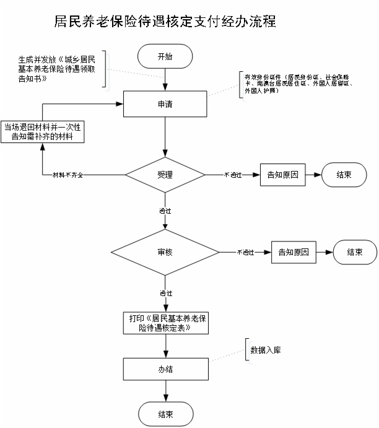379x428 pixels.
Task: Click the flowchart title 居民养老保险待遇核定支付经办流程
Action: [165, 22]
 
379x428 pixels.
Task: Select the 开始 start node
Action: [165, 56]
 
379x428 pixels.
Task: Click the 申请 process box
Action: [165, 104]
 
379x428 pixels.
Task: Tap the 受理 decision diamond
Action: [165, 175]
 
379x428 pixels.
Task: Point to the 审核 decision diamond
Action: [165, 253]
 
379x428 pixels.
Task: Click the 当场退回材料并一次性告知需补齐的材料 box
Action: [43, 132]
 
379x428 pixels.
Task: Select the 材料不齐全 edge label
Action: [67, 175]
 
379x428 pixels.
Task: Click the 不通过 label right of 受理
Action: [233, 175]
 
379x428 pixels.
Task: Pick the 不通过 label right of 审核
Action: [246, 253]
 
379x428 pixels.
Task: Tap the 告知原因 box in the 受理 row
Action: [282, 175]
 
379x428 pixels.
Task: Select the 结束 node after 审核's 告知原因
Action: [355, 253]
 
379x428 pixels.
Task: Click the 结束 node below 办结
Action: [165, 414]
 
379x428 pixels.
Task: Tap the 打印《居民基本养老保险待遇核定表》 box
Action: [165, 323]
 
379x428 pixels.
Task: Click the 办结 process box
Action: [165, 370]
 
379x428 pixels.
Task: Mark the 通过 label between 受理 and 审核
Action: [165, 211]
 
